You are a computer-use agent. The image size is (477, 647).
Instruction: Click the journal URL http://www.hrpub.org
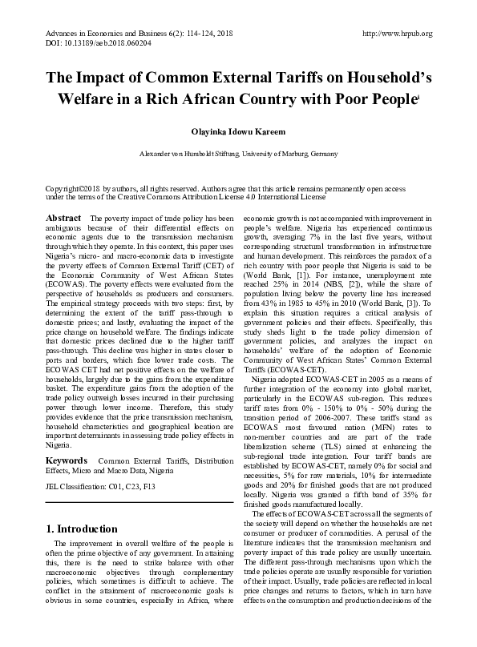click(x=398, y=34)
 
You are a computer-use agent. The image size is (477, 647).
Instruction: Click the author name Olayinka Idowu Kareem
click(x=238, y=131)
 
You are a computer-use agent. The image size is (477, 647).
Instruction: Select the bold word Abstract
click(x=64, y=218)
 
